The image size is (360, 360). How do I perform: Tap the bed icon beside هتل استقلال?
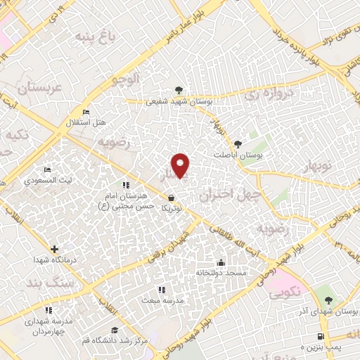coord(86,112)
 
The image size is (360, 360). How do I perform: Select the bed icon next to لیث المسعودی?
coord(48,170)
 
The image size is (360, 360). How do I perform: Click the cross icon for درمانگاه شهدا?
coord(54,248)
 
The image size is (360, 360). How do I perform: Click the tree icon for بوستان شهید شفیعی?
coord(180,90)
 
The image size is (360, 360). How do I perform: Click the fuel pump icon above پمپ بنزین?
coord(322,337)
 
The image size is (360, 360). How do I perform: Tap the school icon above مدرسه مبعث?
coord(161,290)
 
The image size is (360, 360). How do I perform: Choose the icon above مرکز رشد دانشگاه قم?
coord(114,330)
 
